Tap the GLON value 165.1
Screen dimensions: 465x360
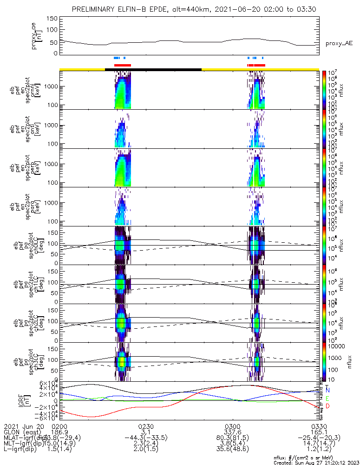(319, 432)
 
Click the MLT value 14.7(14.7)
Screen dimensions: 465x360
(319, 444)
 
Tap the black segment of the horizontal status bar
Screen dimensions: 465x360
(153, 69)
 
